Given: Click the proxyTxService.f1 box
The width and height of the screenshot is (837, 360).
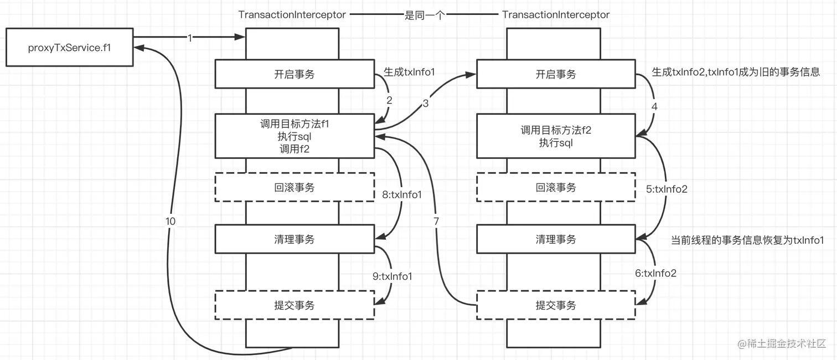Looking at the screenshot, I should click(70, 48).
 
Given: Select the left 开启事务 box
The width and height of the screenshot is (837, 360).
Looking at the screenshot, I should click(294, 74).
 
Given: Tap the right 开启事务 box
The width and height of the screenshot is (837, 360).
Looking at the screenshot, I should click(556, 74).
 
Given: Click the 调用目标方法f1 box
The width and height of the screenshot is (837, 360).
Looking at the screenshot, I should click(294, 136).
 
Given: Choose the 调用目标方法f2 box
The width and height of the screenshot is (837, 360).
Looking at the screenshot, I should click(556, 136).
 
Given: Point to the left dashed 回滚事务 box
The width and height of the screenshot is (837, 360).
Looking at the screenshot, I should click(294, 188).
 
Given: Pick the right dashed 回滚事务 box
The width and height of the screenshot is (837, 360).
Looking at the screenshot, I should click(556, 188).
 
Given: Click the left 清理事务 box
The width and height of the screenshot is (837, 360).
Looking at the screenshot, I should click(294, 239).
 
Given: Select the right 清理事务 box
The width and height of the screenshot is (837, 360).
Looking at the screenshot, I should click(556, 239).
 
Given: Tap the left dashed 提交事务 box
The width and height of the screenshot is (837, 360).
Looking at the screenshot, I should click(294, 305).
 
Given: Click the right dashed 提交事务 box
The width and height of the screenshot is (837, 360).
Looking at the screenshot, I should click(556, 305).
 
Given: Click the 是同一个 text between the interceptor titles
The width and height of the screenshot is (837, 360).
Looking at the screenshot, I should click(425, 15).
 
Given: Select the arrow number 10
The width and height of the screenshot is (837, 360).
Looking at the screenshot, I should click(170, 221).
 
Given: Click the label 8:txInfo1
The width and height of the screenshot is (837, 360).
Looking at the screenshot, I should click(402, 194).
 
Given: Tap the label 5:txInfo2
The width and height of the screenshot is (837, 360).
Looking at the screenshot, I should click(666, 189).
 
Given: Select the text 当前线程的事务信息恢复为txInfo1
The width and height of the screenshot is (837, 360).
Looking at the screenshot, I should click(747, 240).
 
